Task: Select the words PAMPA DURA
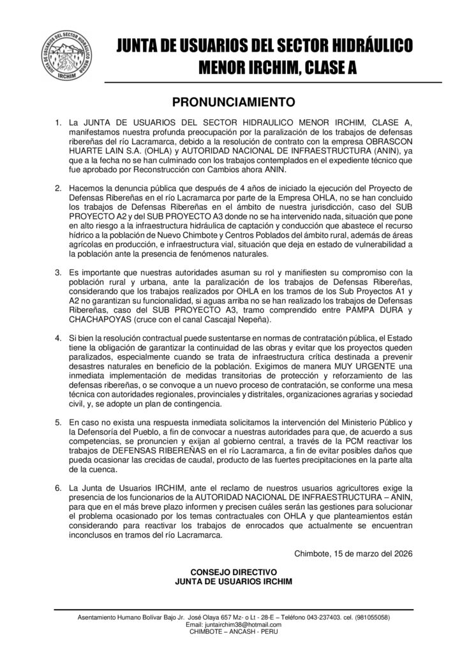[377, 310]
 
